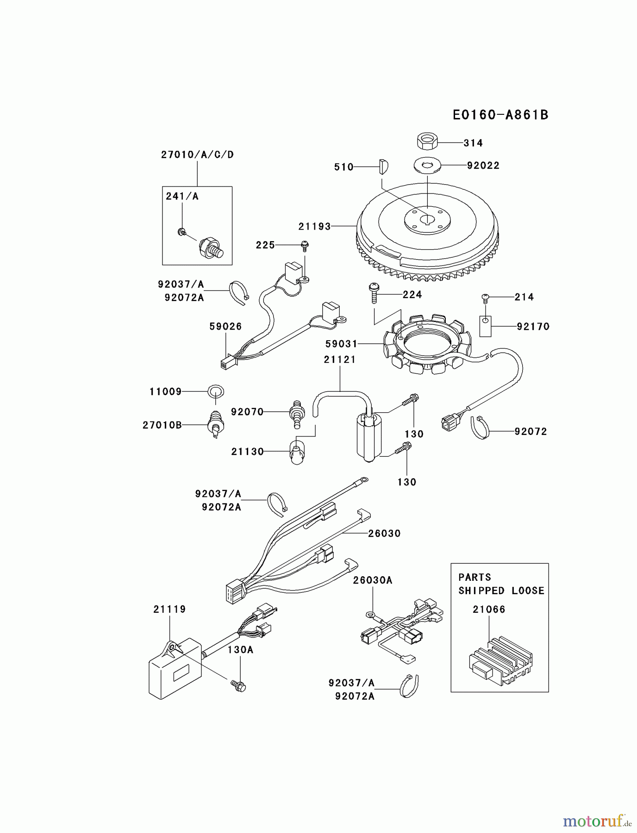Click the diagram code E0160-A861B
click(x=500, y=115)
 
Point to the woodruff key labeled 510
click(x=384, y=166)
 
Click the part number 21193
click(x=314, y=226)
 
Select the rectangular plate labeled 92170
click(x=485, y=326)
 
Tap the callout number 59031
click(x=341, y=344)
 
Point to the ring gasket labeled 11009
click(x=216, y=392)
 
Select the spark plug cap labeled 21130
click(x=297, y=452)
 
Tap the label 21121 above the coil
click(x=339, y=360)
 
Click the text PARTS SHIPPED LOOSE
click(x=501, y=584)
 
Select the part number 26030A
click(x=372, y=580)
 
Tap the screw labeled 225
click(x=305, y=244)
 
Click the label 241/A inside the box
click(x=182, y=196)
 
